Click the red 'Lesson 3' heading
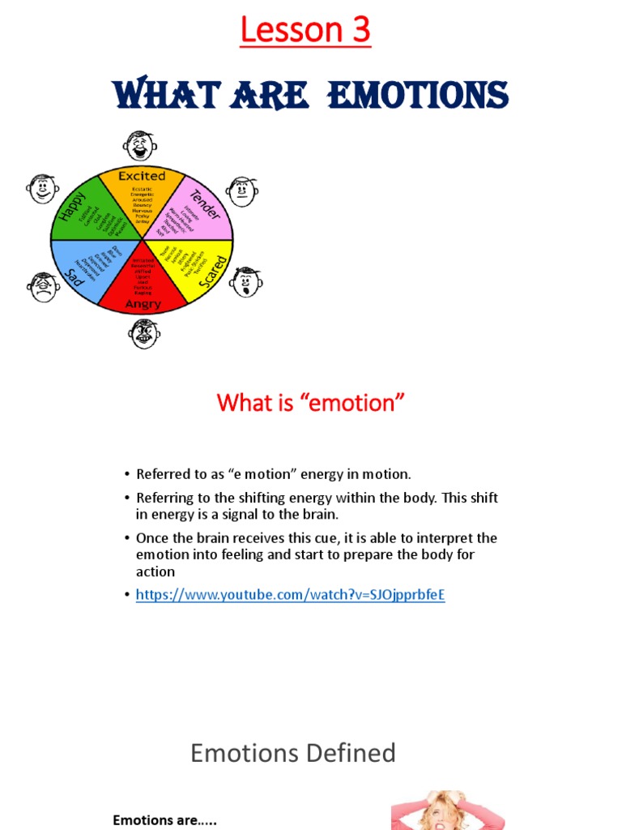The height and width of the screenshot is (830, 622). click(305, 31)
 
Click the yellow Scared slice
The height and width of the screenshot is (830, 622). click(191, 272)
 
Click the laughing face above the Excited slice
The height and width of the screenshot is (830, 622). click(140, 146)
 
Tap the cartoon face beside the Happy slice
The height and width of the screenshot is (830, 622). click(42, 189)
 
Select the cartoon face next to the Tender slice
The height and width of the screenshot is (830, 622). click(241, 191)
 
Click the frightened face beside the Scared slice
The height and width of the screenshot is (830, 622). click(245, 282)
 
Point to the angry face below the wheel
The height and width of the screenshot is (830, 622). click(144, 333)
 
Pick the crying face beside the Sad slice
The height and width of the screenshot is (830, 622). click(43, 287)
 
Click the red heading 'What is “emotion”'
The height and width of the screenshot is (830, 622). click(310, 403)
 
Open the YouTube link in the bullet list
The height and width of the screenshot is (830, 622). click(291, 595)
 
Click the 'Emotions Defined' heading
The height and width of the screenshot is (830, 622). click(293, 753)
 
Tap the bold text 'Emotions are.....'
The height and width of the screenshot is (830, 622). click(164, 820)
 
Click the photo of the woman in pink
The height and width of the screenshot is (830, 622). click(447, 810)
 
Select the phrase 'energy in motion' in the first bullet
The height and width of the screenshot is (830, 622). click(364, 474)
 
